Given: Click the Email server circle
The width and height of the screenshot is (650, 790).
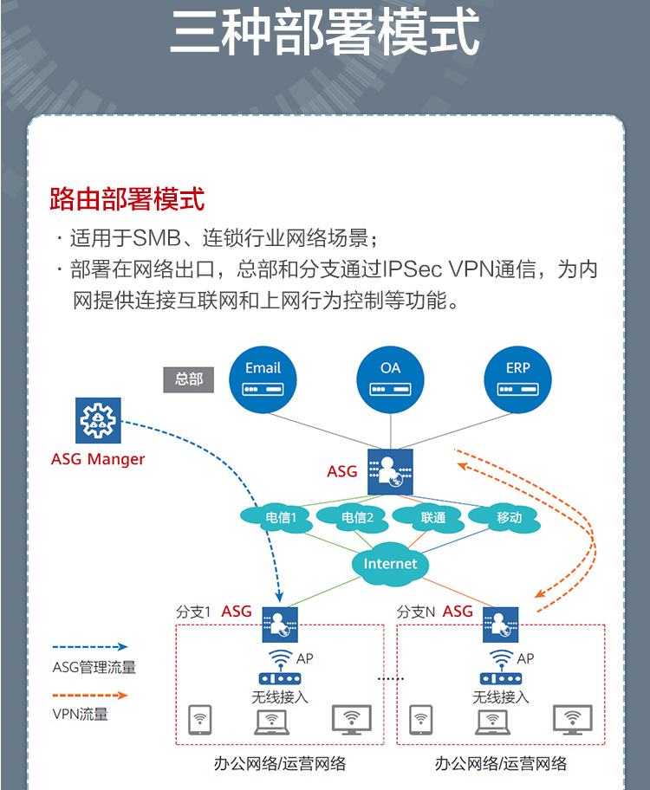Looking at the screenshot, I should tap(263, 379).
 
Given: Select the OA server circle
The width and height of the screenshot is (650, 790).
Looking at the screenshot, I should tap(391, 379).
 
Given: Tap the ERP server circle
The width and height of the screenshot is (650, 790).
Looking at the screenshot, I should tap(518, 379).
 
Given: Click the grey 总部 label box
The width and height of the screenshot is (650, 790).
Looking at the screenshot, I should tap(189, 379).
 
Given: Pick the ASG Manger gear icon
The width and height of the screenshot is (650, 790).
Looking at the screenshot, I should tap(98, 421).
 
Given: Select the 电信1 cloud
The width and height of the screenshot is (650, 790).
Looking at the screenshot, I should tap(281, 518).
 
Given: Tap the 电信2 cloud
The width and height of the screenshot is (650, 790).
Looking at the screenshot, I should tap(357, 518).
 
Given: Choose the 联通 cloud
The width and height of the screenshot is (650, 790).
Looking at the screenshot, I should tap(433, 518).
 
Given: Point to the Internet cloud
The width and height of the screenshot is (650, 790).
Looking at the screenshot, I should tap(390, 564).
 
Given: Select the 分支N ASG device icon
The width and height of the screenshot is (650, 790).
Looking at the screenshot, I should tap(500, 623).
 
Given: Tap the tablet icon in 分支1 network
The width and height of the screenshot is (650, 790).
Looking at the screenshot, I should tap(201, 718).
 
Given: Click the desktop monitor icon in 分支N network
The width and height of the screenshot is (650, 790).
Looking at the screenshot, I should tap(572, 718).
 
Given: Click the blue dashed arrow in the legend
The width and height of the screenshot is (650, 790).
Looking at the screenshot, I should tap(90, 647).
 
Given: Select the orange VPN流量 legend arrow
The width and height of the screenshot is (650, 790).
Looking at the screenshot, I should tap(90, 695).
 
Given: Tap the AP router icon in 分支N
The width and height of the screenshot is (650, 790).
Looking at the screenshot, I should tap(500, 679).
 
